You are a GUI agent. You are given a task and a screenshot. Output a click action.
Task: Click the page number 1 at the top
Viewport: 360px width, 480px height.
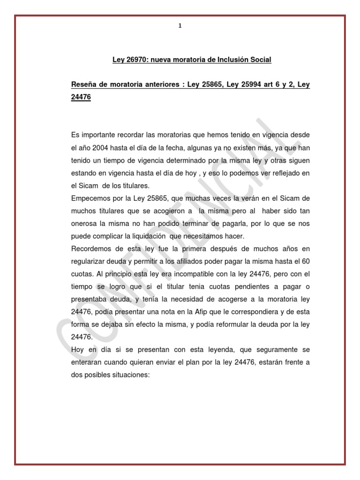(x=180, y=26)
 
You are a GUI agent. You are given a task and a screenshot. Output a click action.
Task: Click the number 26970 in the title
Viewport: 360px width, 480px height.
(x=135, y=60)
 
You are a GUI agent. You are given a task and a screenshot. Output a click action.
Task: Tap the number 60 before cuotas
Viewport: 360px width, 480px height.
(x=305, y=261)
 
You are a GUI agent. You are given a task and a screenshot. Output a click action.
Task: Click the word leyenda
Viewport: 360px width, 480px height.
(x=187, y=350)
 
